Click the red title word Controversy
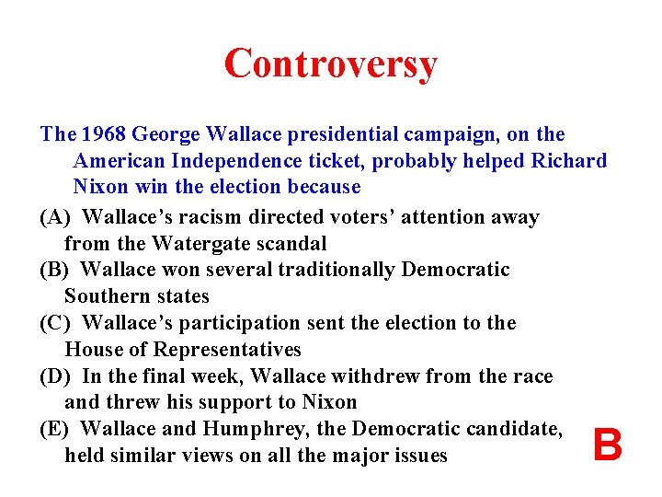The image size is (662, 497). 330,64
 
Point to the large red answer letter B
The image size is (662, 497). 607,446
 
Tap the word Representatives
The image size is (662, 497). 228,350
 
